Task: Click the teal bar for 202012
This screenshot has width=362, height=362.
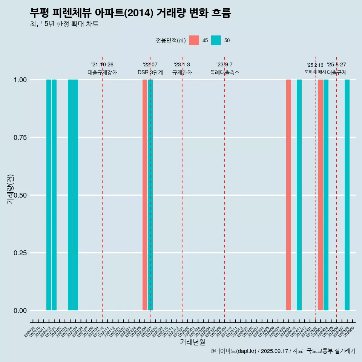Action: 49,195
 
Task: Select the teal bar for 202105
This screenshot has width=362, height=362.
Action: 75,195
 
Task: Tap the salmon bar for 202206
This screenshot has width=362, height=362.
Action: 145,195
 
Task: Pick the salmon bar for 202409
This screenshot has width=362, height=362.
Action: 288,195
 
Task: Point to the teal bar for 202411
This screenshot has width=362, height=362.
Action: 299,195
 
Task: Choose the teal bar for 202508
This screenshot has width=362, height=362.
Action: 347,195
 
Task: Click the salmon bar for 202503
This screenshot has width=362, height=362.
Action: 321,195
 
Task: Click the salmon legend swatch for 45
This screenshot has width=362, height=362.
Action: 194,40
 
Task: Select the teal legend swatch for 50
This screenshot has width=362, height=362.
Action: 216,40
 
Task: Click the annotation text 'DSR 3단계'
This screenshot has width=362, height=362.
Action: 150,72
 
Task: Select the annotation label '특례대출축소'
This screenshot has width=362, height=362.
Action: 225,72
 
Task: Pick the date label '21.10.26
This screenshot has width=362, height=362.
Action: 102,65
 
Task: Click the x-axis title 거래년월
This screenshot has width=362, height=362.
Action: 192,342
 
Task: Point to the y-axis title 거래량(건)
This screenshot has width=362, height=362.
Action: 11,189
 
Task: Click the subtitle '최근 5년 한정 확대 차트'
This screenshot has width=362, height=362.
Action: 64,24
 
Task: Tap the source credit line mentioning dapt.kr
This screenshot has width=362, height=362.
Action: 283,351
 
